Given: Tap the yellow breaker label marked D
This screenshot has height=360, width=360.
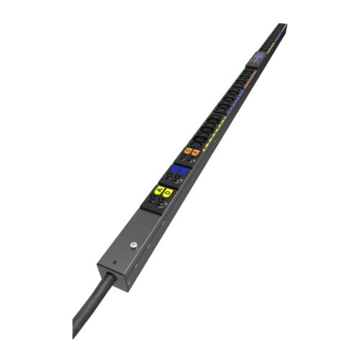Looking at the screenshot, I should [x=168, y=192].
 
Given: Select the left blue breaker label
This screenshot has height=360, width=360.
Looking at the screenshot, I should [x=175, y=170].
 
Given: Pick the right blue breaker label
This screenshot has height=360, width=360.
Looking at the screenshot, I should [x=183, y=173].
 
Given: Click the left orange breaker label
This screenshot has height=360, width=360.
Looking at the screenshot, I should [x=189, y=150].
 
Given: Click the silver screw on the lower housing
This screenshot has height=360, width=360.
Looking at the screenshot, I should [x=134, y=246].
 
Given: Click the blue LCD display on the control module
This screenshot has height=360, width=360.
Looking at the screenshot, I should [x=257, y=55].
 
